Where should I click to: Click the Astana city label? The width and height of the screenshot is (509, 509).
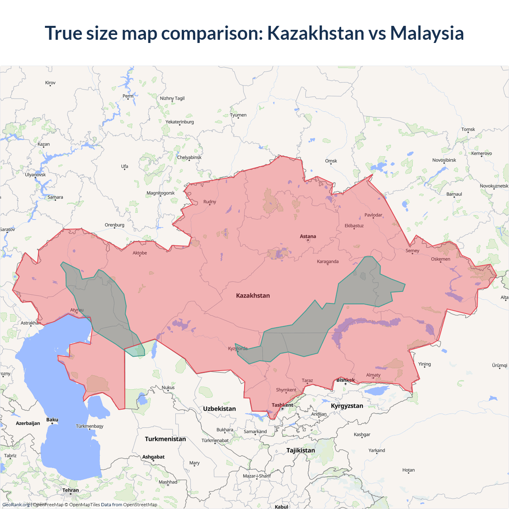pyautogui.click(x=308, y=236)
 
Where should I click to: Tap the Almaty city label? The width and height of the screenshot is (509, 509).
pyautogui.click(x=373, y=375)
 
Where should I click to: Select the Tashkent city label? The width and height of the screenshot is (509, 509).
pyautogui.click(x=282, y=405)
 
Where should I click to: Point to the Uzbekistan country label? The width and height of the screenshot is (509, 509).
pyautogui.click(x=219, y=409)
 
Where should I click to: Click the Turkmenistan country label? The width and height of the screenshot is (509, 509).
pyautogui.click(x=165, y=439)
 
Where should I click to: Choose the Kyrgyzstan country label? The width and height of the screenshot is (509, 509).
pyautogui.click(x=347, y=406)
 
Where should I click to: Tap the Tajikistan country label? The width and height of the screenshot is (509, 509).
pyautogui.click(x=301, y=451)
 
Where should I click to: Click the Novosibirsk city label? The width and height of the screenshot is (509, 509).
pyautogui.click(x=444, y=160)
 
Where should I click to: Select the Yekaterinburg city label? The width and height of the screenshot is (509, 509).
pyautogui.click(x=180, y=122)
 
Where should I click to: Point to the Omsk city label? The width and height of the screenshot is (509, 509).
pyautogui.click(x=331, y=161)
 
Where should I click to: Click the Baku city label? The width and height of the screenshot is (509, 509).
pyautogui.click(x=52, y=420)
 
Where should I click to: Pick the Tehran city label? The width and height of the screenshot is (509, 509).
pyautogui.click(x=70, y=490)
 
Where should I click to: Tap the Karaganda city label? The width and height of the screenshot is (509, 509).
pyautogui.click(x=328, y=262)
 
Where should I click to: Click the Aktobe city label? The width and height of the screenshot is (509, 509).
pyautogui.click(x=140, y=253)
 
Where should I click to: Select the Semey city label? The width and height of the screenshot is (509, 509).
pyautogui.click(x=412, y=251)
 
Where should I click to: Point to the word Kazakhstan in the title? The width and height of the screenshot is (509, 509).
pyautogui.click(x=315, y=33)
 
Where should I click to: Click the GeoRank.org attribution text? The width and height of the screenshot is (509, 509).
pyautogui.click(x=16, y=505)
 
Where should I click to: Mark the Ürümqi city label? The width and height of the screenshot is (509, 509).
pyautogui.click(x=499, y=365)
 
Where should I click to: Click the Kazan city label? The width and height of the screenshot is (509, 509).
pyautogui.click(x=44, y=144)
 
